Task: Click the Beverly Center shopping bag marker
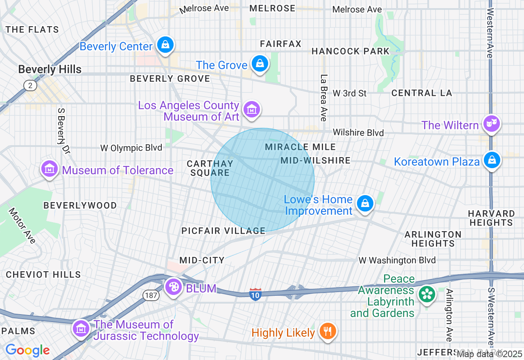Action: pos(165,45)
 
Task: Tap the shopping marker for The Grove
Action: pos(260,64)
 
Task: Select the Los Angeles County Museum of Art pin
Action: pos(252,110)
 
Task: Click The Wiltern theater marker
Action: pos(491,124)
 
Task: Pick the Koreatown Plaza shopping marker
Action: pos(492,160)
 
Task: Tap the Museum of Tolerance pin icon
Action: pos(49,169)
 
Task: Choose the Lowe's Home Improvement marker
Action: pos(365,203)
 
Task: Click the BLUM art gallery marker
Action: pos(174,287)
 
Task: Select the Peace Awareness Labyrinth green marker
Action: pos(427,294)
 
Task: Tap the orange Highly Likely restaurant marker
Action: pos(327,331)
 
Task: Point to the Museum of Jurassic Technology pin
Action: pos(81,328)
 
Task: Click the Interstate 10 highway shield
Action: pos(255,294)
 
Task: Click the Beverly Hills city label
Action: pos(50,70)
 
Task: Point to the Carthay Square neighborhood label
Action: pos(210,168)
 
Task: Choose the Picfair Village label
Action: pos(224,231)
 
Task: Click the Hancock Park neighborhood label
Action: pos(350,51)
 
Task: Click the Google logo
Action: pos(27,350)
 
